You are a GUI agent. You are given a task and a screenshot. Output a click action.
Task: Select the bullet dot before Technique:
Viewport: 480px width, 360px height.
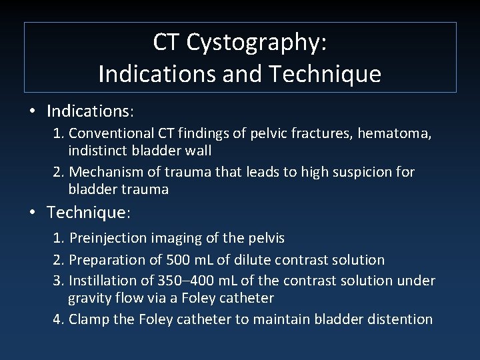[x=32, y=213]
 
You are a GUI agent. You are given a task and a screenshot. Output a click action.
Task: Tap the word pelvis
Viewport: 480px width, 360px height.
[x=265, y=238]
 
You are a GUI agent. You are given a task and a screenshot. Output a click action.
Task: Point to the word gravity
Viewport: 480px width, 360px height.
[x=90, y=298]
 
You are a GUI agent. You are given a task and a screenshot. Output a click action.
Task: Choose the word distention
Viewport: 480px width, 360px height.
[x=400, y=319]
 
